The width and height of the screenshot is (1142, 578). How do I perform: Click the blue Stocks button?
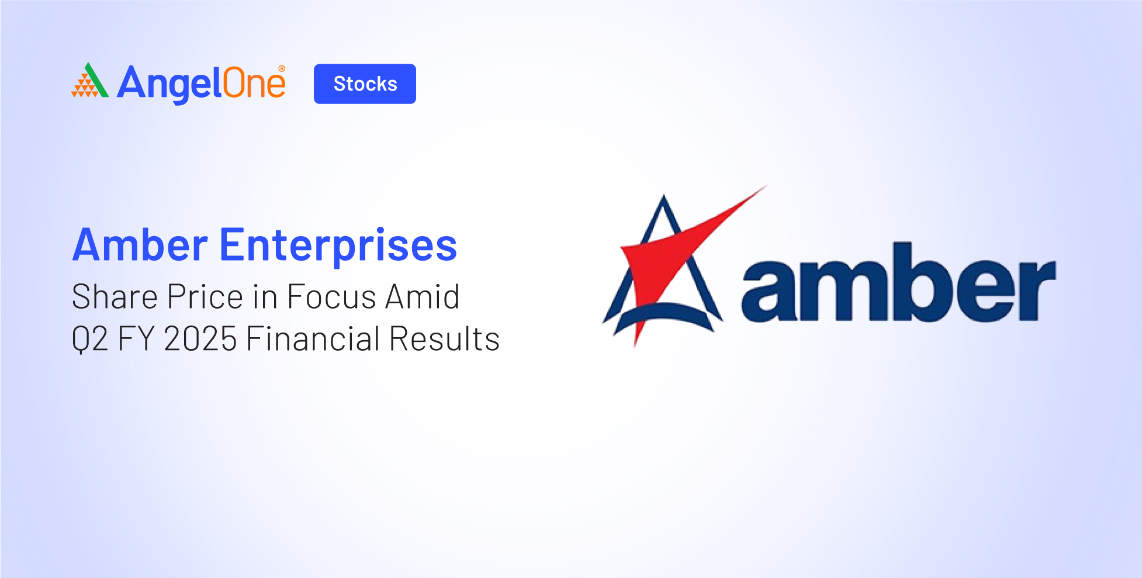(365, 84)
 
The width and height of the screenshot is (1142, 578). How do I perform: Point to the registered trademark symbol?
(282, 69)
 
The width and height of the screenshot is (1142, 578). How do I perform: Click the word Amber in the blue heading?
(140, 245)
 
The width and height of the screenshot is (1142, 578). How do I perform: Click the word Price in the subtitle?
(205, 296)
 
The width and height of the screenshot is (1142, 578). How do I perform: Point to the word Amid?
(423, 296)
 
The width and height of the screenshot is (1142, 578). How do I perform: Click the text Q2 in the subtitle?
(90, 340)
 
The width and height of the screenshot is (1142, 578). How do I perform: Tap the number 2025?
(200, 338)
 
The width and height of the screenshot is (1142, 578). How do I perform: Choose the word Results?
(445, 338)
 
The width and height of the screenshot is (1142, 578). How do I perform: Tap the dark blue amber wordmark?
(899, 282)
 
